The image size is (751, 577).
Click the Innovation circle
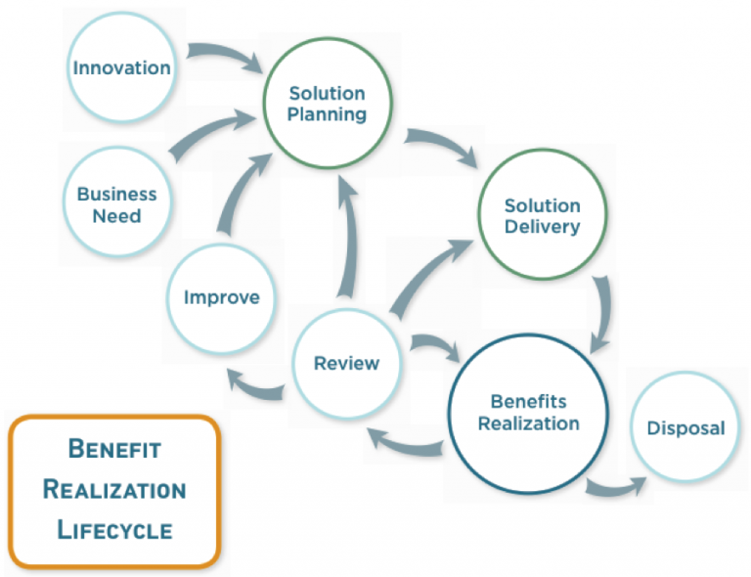(x=121, y=67)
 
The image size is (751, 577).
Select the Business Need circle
(x=116, y=203)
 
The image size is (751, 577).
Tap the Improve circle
(x=222, y=296)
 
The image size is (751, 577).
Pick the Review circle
(x=346, y=364)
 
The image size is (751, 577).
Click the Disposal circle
(x=685, y=427)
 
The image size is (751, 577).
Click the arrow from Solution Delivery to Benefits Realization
(x=603, y=311)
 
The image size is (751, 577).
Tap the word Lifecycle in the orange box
(x=114, y=530)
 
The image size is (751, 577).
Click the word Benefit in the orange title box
(x=114, y=449)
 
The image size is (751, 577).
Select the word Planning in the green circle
(x=327, y=114)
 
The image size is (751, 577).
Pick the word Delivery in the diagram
(x=542, y=227)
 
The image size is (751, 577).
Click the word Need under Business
(x=116, y=215)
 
